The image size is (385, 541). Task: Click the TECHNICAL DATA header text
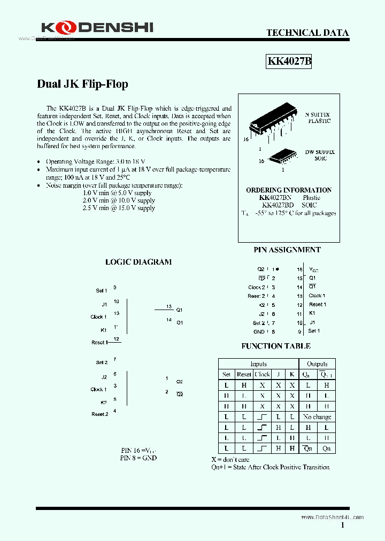(307, 33)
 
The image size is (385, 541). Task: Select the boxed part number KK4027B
(289, 61)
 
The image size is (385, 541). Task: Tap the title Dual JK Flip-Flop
(82, 84)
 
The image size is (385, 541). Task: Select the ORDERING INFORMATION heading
(289, 190)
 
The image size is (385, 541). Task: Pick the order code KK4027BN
(276, 198)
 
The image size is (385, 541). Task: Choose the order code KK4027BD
(278, 205)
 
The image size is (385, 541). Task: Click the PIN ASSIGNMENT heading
(287, 250)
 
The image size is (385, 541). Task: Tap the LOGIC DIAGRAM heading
(138, 262)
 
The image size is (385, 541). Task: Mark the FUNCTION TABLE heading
(276, 346)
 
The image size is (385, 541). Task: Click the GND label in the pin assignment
(259, 331)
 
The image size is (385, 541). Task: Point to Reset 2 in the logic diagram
(99, 414)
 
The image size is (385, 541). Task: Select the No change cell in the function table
(317, 417)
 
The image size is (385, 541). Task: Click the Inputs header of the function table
(258, 364)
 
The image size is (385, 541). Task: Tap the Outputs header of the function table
(317, 364)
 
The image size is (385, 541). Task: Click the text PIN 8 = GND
(138, 458)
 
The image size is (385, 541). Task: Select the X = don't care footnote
(230, 460)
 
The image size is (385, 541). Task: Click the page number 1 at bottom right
(342, 525)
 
